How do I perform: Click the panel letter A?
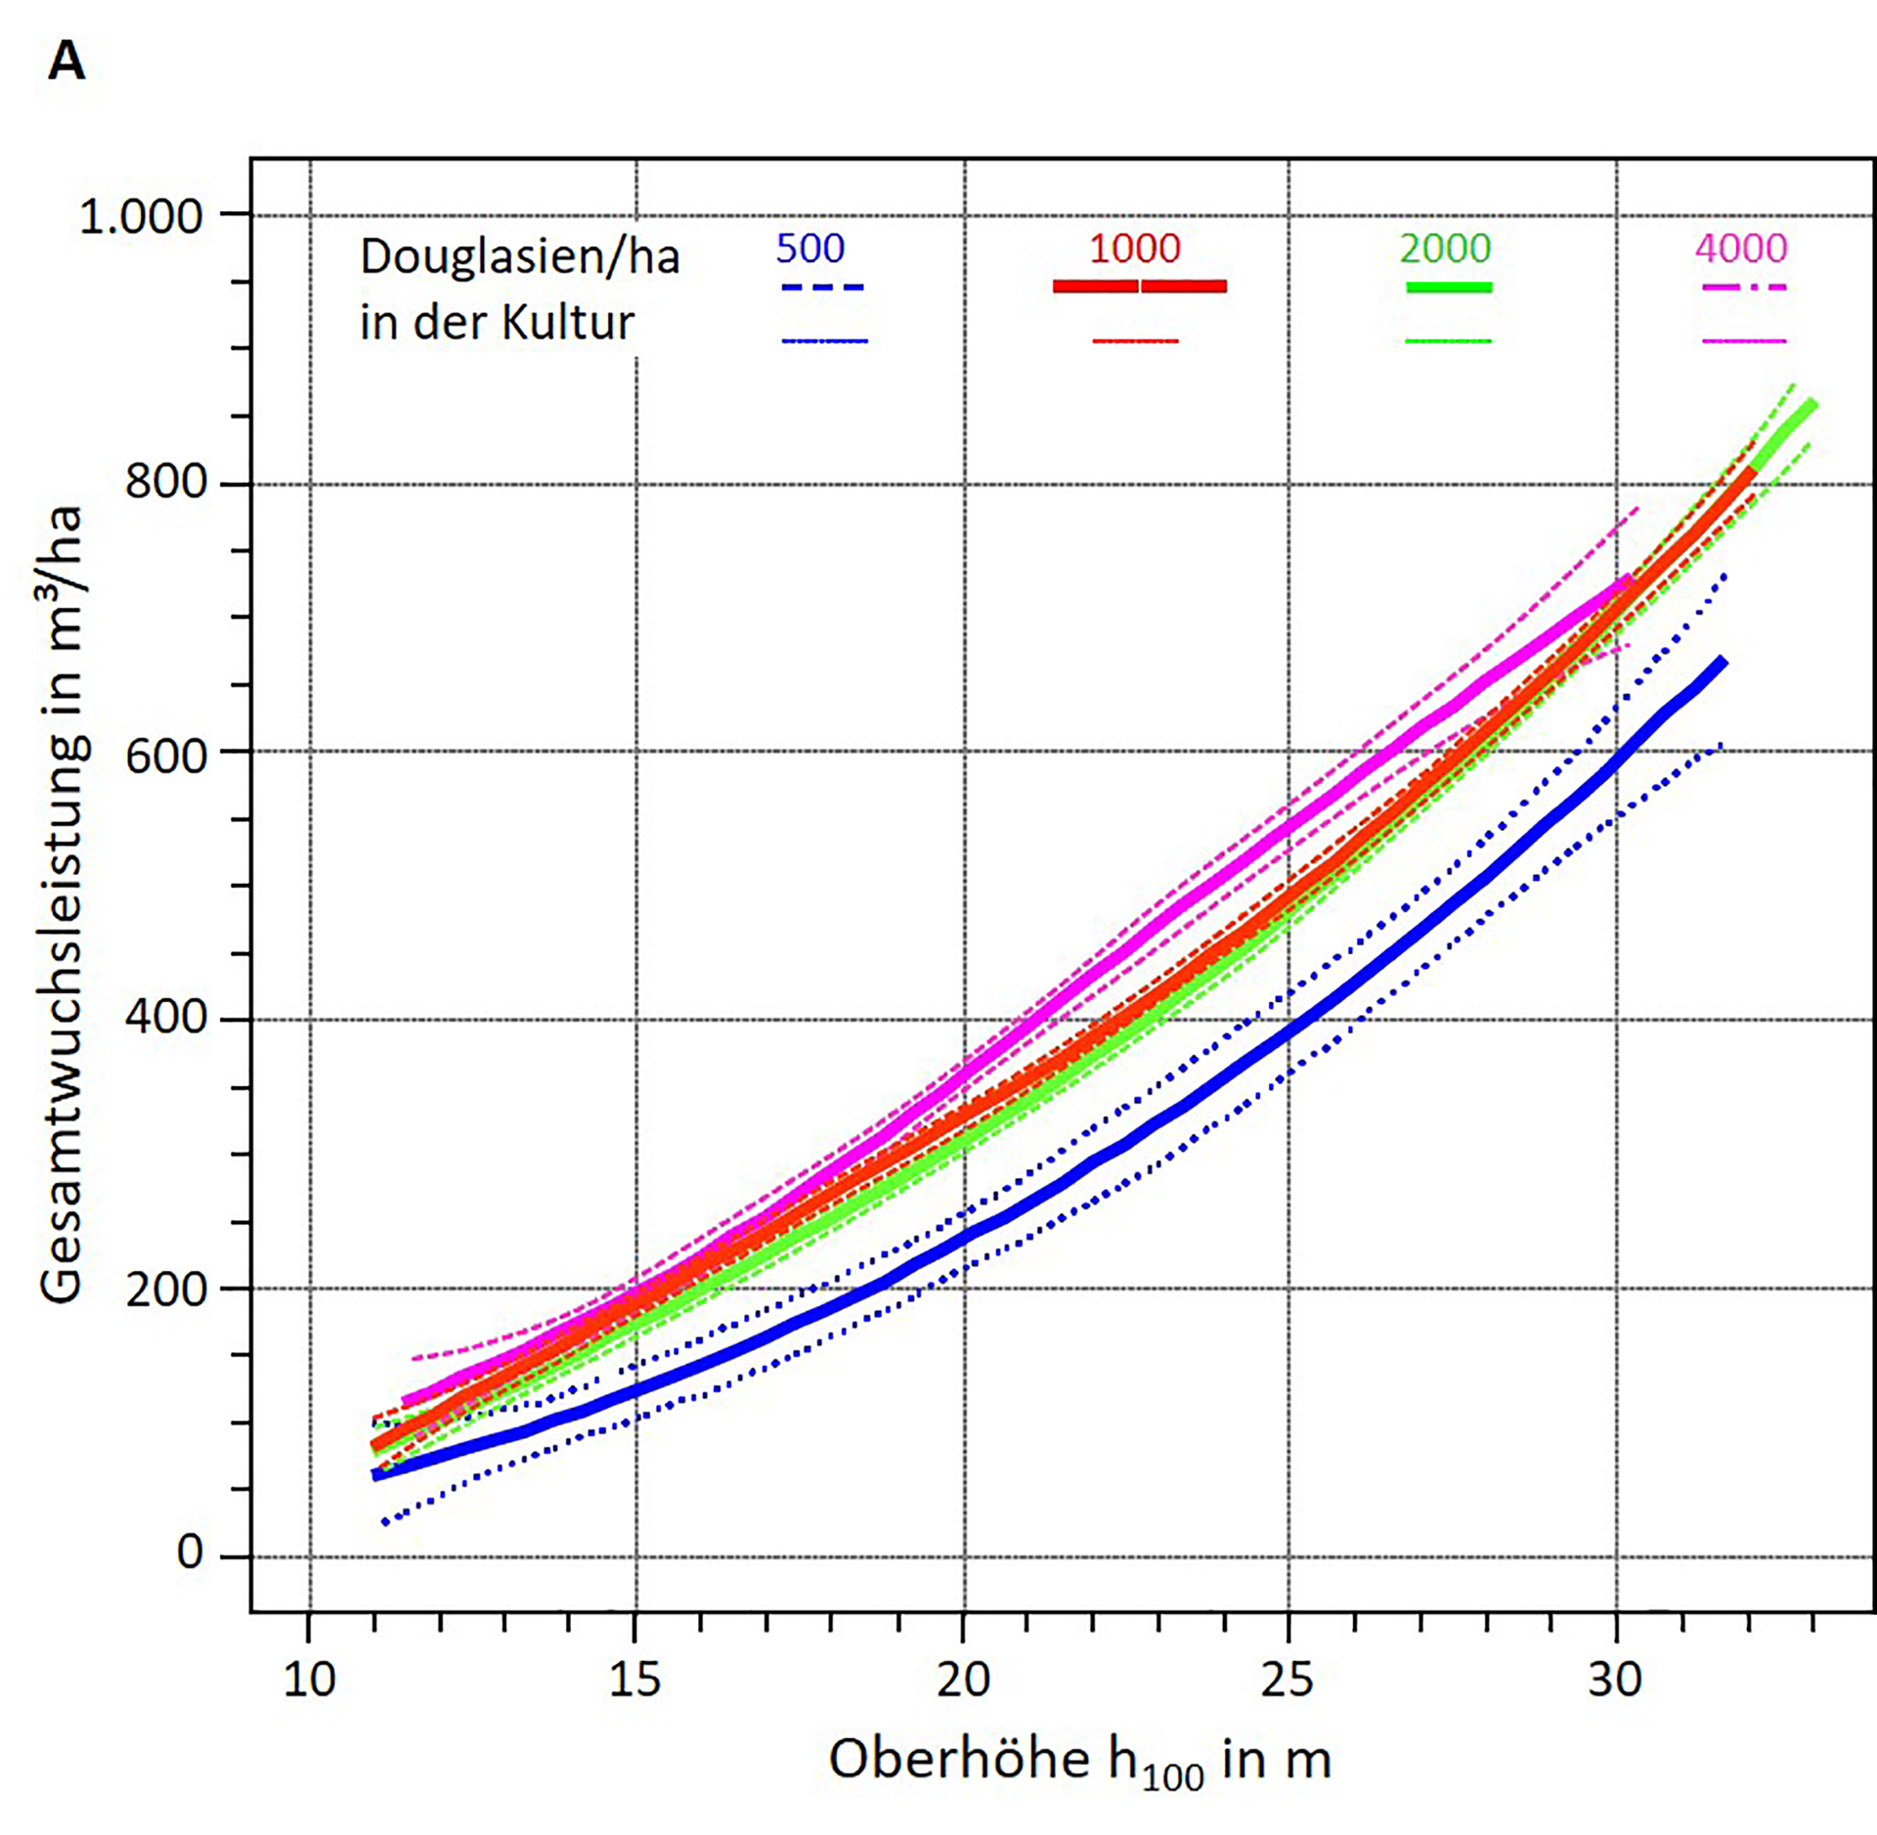tap(66, 63)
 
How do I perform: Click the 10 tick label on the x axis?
tap(309, 1680)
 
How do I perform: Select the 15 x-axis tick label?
tap(635, 1680)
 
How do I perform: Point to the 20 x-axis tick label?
tap(963, 1680)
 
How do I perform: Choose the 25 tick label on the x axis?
tap(1288, 1680)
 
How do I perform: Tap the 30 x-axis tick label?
tap(1615, 1680)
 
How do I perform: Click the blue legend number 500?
tap(809, 248)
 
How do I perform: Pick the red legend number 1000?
tap(1134, 248)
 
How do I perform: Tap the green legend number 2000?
tap(1444, 248)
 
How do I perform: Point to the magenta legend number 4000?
tap(1740, 248)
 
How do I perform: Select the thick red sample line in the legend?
tap(1139, 286)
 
